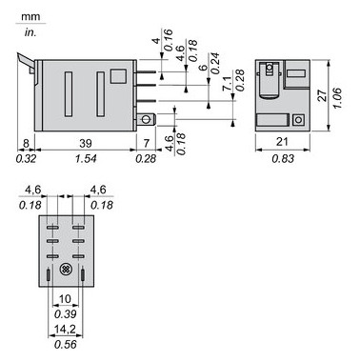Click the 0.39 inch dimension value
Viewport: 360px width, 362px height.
tap(67, 314)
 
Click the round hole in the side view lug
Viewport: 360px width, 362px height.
tap(146, 119)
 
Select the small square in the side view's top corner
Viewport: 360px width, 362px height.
tap(118, 75)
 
